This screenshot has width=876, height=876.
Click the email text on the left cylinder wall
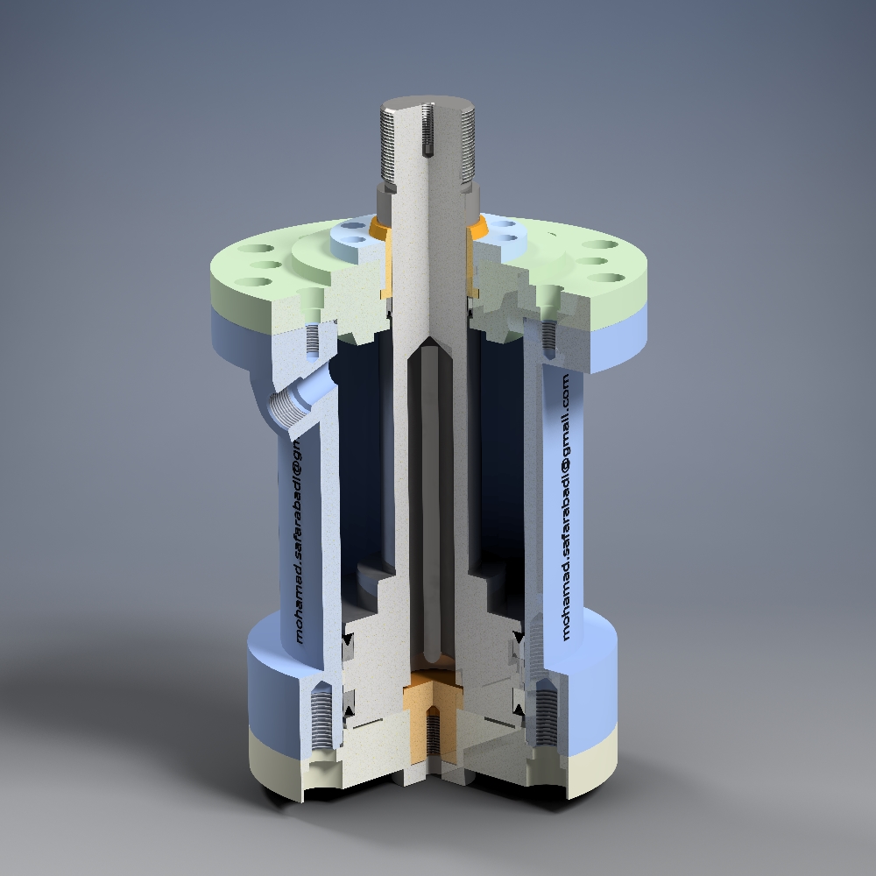click(x=297, y=543)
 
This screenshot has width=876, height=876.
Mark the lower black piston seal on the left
click(x=350, y=701)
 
